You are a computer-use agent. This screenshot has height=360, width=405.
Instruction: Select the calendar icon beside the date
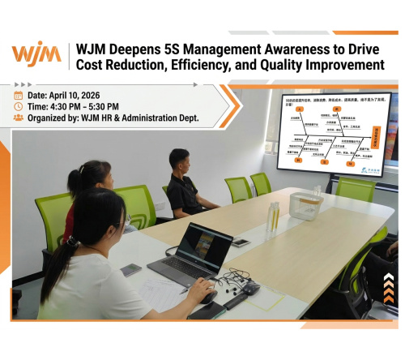pos(19,95)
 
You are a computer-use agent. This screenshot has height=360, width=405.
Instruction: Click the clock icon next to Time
pos(19,106)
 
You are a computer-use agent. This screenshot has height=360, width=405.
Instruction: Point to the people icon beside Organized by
pos(19,118)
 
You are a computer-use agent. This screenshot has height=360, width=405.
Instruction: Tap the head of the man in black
pos(180,160)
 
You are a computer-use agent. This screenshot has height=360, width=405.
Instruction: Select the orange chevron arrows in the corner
pos(389,288)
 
